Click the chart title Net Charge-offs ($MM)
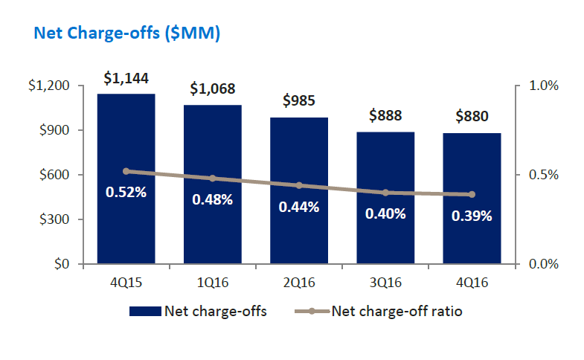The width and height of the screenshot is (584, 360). (x=123, y=33)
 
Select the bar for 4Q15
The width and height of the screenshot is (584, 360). (x=126, y=223)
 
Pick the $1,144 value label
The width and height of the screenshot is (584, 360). (x=126, y=77)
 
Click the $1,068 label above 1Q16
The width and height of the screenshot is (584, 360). (x=212, y=89)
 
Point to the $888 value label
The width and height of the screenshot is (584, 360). (x=385, y=116)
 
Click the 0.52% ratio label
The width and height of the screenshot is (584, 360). (x=126, y=192)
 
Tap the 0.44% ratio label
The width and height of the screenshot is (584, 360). (x=299, y=207)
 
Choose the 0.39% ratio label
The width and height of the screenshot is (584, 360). (x=472, y=216)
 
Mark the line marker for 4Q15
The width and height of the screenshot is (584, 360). (x=126, y=171)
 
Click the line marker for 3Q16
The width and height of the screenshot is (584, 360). (x=385, y=193)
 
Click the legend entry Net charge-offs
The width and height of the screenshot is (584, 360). (x=198, y=311)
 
